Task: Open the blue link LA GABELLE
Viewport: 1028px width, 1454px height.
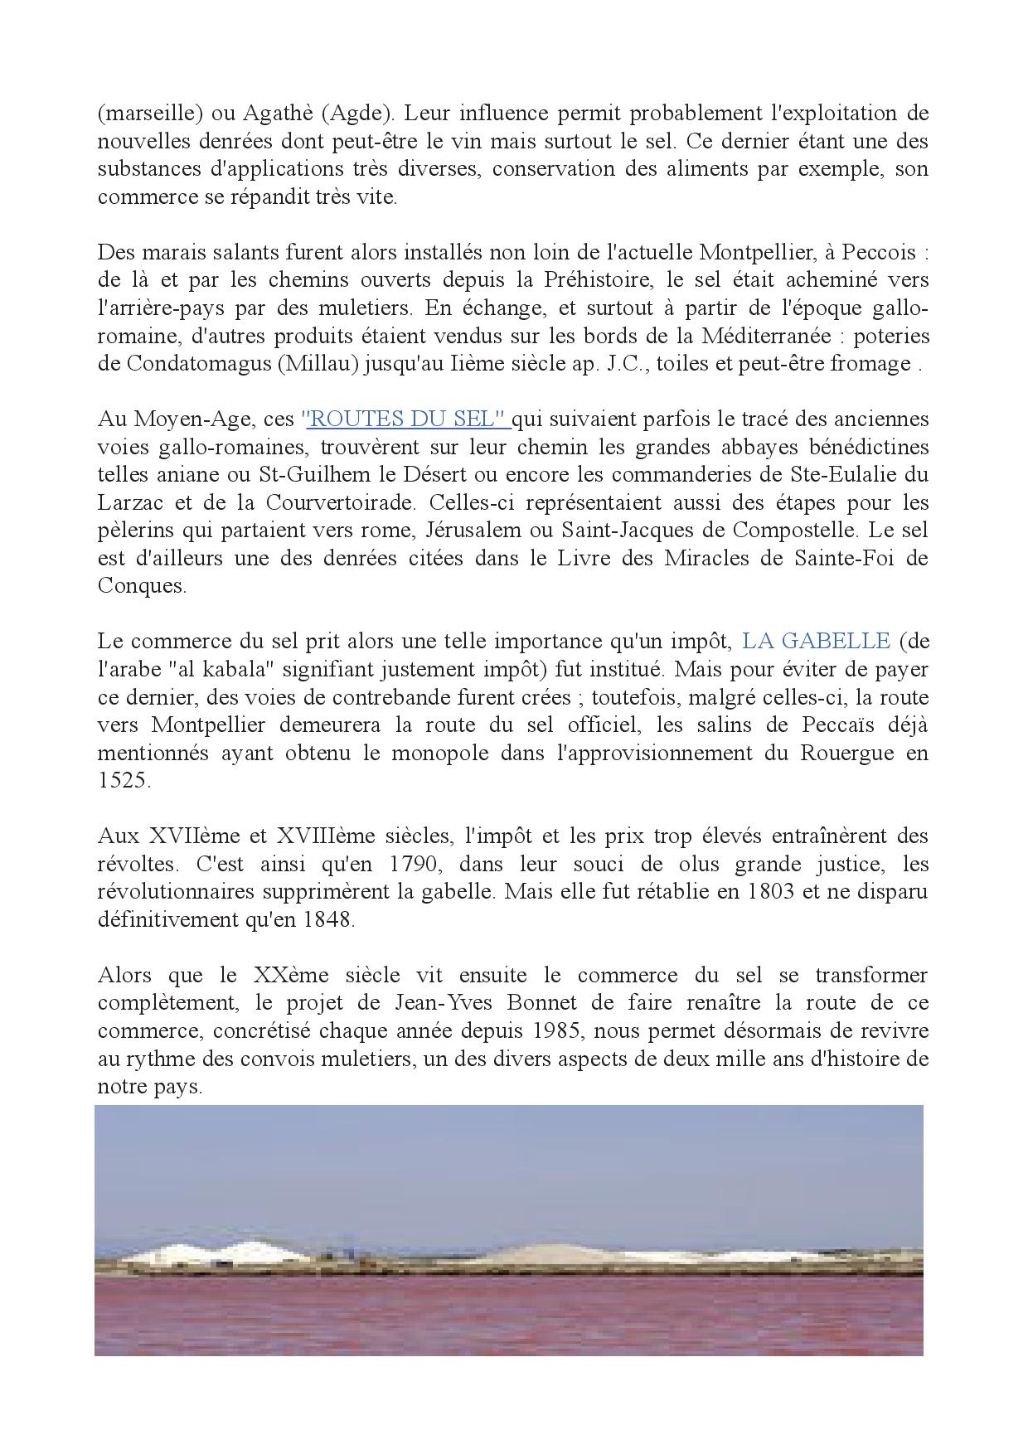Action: point(816,641)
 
